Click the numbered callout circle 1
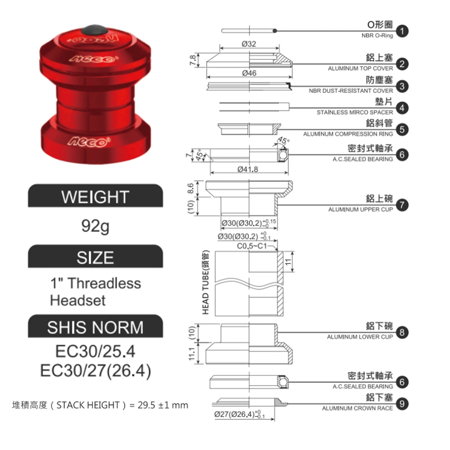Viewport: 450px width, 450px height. click(x=402, y=31)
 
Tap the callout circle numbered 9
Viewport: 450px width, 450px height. click(x=402, y=404)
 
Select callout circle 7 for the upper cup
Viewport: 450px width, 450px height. click(x=402, y=205)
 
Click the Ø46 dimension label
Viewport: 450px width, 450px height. click(x=249, y=73)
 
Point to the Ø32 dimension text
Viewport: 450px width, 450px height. click(x=249, y=44)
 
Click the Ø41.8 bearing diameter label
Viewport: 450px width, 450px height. click(x=247, y=169)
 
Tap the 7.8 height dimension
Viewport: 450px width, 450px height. click(x=193, y=60)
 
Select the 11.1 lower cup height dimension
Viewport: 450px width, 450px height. click(x=192, y=354)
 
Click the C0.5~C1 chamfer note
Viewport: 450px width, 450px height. click(x=252, y=246)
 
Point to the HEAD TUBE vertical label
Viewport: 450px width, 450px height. click(x=206, y=282)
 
